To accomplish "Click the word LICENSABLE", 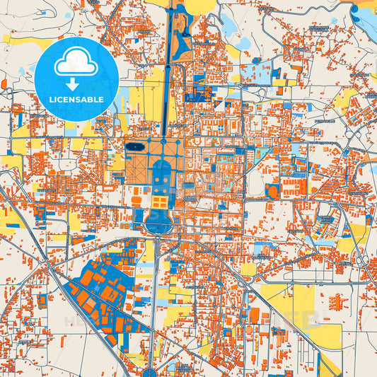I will (x=76, y=100).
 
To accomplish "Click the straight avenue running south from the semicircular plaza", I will (x=156, y=297).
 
